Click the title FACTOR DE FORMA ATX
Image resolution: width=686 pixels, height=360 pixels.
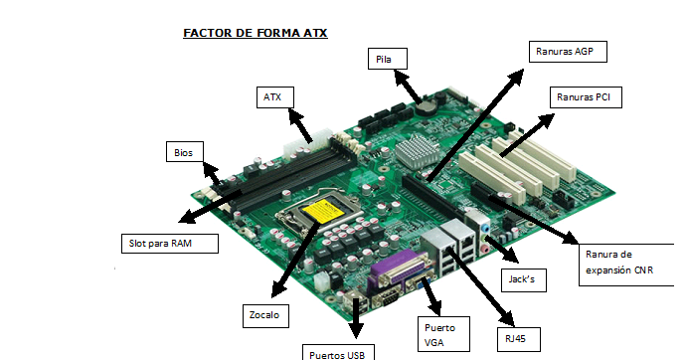pyautogui.click(x=256, y=33)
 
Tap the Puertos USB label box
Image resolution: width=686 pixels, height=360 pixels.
pyautogui.click(x=339, y=351)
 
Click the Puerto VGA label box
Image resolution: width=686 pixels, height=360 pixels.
pyautogui.click(x=440, y=332)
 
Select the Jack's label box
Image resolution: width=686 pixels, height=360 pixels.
pyautogui.click(x=522, y=279)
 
